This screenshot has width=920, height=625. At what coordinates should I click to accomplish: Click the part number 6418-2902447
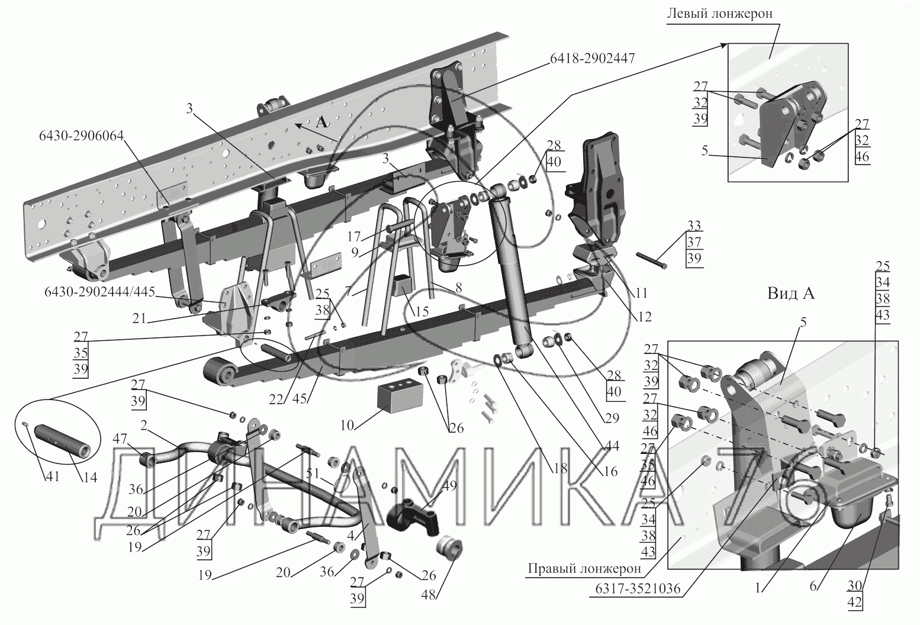pos(592,59)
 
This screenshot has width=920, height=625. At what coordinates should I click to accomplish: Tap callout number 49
pos(449,486)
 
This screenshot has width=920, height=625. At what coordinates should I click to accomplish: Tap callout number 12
pos(645,317)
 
